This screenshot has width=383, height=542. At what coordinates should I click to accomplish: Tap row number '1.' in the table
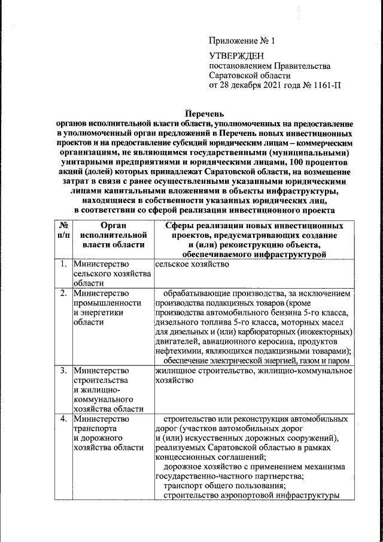pyautogui.click(x=63, y=264)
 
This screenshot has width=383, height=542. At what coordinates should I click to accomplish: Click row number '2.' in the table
pyautogui.click(x=63, y=293)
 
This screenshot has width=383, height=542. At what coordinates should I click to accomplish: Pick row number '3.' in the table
pyautogui.click(x=63, y=371)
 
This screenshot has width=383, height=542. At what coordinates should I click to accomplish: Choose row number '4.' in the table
pyautogui.click(x=63, y=419)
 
